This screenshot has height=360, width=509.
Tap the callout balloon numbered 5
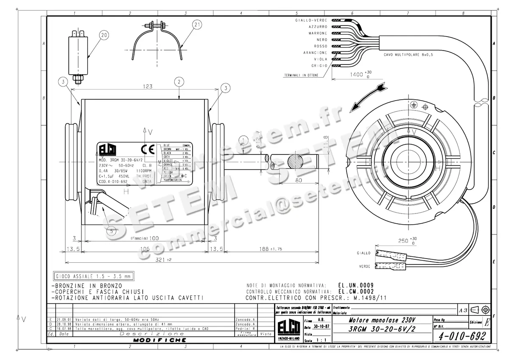(111, 231)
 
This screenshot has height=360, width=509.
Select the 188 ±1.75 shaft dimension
(271, 249)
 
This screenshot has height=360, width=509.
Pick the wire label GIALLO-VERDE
(311, 20)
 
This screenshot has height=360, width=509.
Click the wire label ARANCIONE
(315, 53)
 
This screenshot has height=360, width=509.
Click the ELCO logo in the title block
(288, 329)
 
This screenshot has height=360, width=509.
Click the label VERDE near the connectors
(364, 267)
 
